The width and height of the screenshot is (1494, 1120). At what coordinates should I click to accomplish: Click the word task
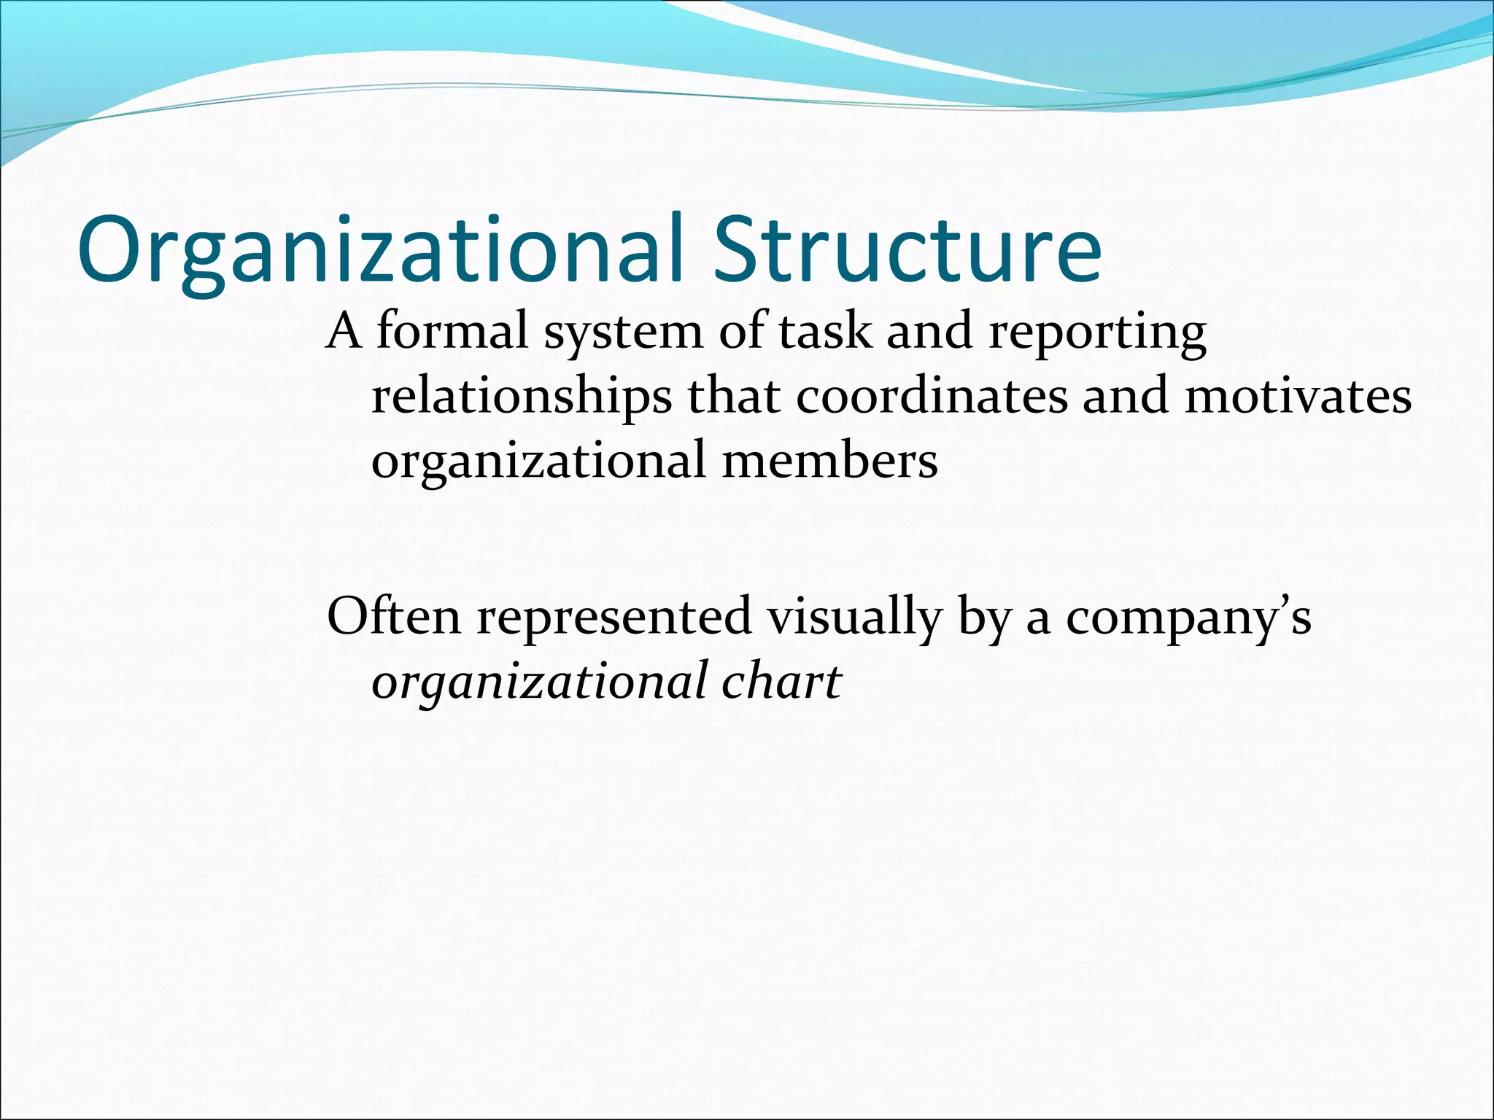824,332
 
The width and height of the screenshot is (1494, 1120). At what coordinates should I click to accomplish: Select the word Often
394,615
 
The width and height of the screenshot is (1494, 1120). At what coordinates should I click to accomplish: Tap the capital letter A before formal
344,332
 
